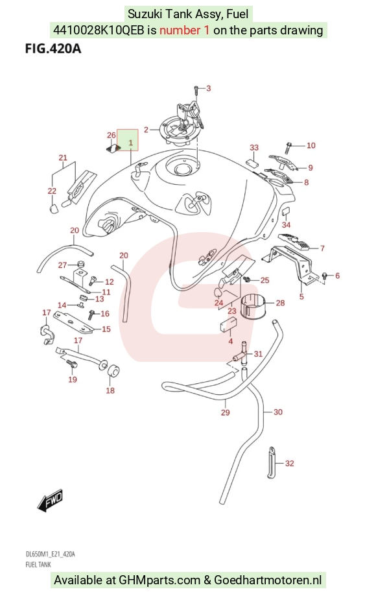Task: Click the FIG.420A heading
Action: click(53, 49)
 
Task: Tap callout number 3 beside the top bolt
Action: click(208, 88)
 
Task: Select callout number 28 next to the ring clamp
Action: click(280, 303)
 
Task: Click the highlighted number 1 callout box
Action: click(128, 140)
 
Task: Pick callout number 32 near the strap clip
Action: click(290, 463)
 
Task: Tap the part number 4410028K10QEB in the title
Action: click(99, 30)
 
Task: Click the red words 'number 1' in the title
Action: click(184, 30)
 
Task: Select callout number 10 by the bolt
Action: click(311, 145)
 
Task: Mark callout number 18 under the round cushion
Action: click(110, 390)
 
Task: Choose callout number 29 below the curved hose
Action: click(226, 412)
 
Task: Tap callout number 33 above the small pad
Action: click(254, 147)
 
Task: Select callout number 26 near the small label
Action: click(112, 136)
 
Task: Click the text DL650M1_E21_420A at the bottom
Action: click(51, 554)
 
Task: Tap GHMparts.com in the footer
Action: click(159, 580)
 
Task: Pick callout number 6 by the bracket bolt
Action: click(338, 276)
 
